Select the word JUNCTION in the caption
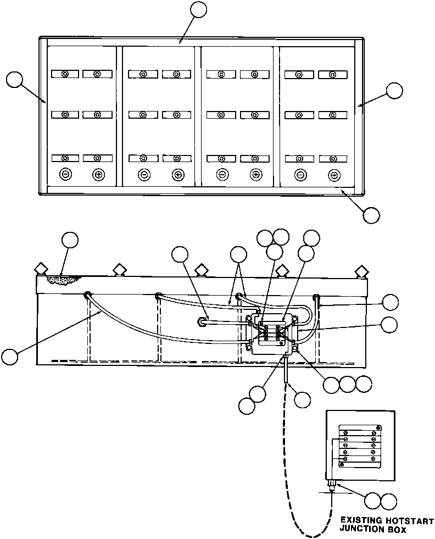363,530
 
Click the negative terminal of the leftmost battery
65,175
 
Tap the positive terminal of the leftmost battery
98,175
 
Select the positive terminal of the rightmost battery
334,175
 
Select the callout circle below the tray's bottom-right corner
372,215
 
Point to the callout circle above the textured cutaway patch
70,240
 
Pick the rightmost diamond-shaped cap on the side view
361,271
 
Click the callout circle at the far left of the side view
9,357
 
